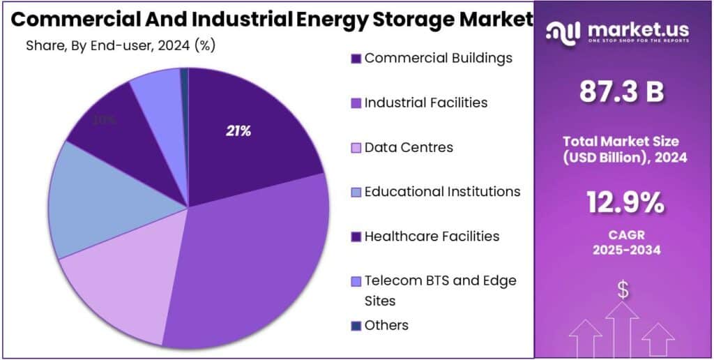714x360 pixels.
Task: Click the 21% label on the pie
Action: point(238,130)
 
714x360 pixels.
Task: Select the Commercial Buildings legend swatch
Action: point(356,59)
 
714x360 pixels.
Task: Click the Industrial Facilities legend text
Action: point(425,103)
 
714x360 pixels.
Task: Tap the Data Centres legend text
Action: point(409,147)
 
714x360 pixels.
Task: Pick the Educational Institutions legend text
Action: point(442,191)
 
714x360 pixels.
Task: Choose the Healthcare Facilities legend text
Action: point(432,236)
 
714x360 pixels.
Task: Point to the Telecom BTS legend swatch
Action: point(356,281)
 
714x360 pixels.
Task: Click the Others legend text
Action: point(386,325)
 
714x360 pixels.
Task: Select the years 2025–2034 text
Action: point(623,250)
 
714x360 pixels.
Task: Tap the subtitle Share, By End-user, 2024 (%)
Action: point(120,46)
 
